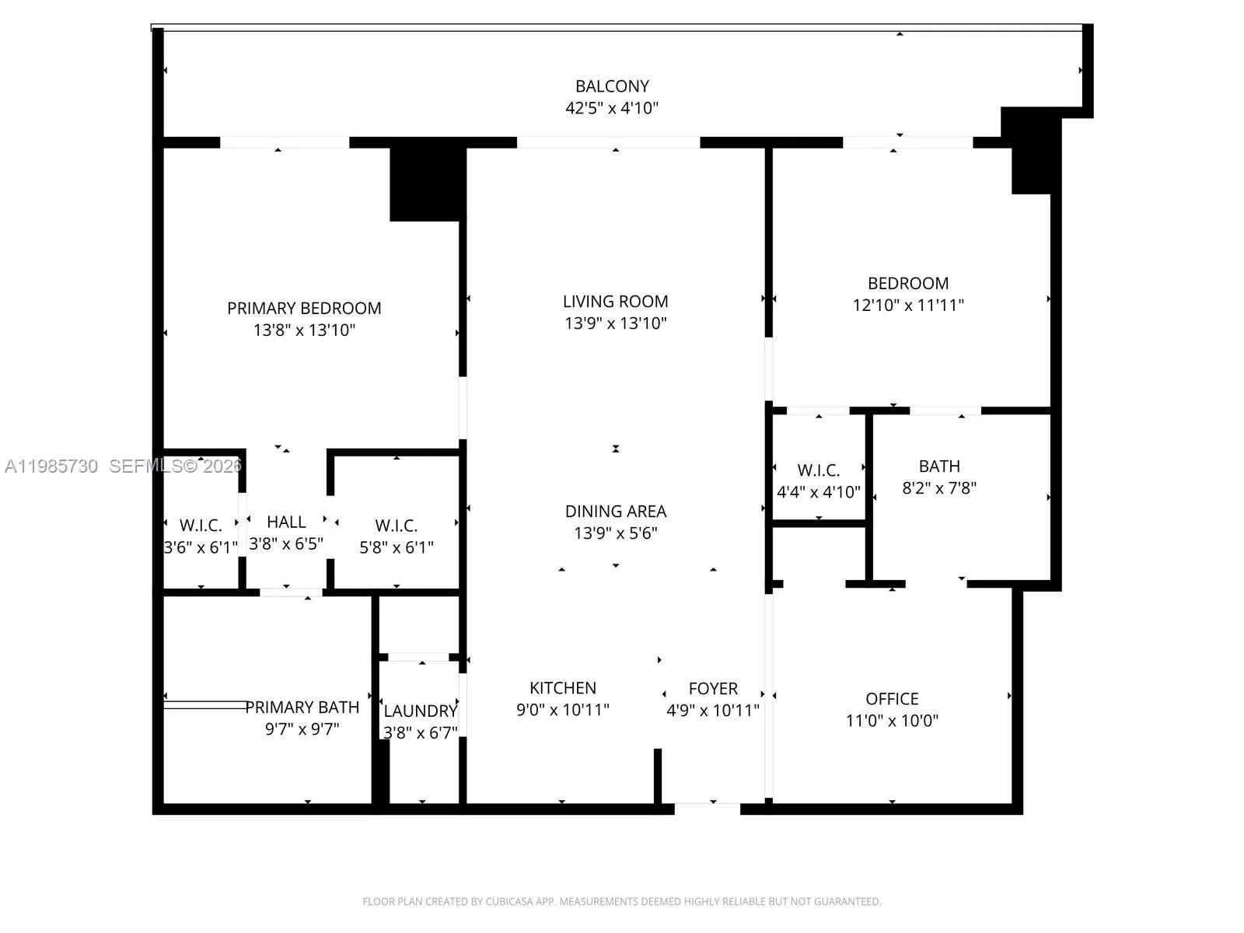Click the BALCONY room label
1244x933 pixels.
coord(612,86)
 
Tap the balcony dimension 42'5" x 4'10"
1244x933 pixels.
coord(612,108)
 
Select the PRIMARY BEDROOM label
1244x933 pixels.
coord(304,309)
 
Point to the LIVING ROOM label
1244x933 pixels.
coord(615,302)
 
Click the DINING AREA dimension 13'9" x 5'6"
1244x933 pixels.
coord(615,533)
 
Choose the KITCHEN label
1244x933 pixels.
coord(562,688)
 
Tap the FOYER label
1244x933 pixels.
coord(712,689)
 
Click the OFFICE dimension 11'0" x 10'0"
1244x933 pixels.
coord(892,721)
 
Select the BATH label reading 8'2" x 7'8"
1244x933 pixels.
coord(939,466)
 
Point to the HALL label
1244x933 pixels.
coord(286,522)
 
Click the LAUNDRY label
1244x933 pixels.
coord(420,711)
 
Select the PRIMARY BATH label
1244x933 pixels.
coord(302,708)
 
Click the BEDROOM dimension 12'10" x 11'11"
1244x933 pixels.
coord(907,306)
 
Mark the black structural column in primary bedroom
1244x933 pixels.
coord(426,183)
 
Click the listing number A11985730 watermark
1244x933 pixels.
coord(51,466)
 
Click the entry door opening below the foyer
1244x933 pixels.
coord(707,809)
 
